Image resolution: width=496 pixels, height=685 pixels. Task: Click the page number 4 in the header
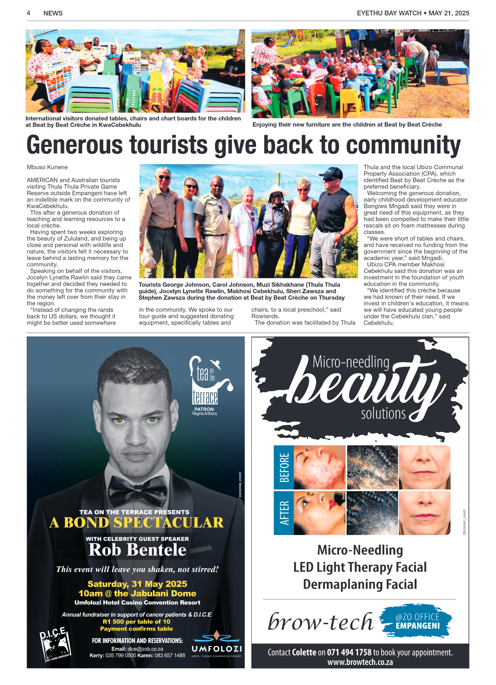click(x=28, y=13)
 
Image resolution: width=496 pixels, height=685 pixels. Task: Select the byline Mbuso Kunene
click(x=47, y=167)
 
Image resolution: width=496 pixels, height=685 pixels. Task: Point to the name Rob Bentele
click(x=137, y=550)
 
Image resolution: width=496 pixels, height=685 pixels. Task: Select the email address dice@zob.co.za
click(x=145, y=649)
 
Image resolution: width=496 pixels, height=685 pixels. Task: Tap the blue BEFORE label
click(x=284, y=467)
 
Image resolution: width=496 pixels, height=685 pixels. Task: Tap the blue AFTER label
click(x=284, y=513)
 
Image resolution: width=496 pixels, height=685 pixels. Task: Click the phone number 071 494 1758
click(x=349, y=652)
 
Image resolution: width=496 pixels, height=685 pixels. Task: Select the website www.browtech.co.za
click(x=360, y=662)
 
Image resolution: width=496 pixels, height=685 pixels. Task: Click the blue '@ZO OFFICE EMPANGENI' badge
click(x=417, y=621)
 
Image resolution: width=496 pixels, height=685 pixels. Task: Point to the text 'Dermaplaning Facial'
click(x=360, y=584)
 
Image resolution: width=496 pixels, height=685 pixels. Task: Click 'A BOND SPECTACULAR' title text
click(x=136, y=523)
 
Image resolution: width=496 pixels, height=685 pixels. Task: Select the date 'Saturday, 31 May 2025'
click(x=137, y=584)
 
